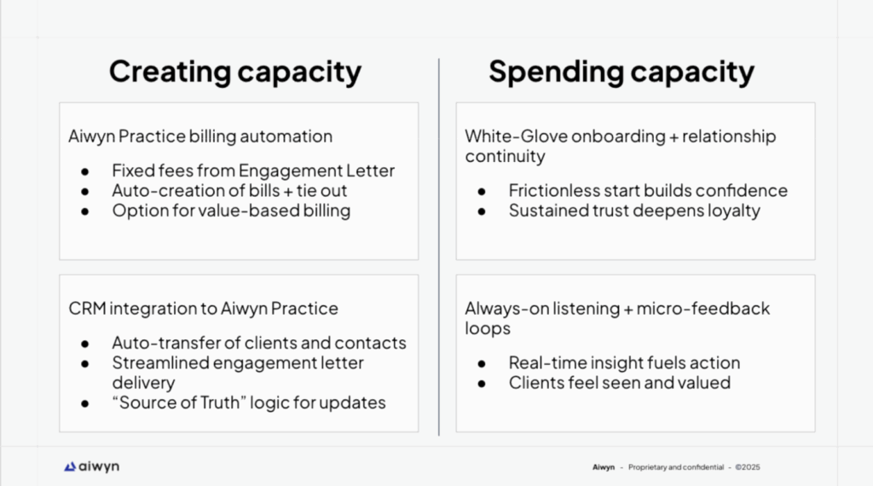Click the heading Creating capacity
(235, 72)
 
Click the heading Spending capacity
(622, 72)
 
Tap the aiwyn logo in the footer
(91, 466)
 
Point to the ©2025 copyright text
(747, 467)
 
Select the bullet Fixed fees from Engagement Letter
(253, 171)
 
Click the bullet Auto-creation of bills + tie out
(229, 190)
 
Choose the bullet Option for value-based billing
(231, 211)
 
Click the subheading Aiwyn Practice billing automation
(200, 136)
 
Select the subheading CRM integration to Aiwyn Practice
(203, 309)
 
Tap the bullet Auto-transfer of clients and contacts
(259, 343)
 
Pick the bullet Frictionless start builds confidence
(648, 190)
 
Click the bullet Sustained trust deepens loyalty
(634, 211)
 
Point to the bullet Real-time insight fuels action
(624, 362)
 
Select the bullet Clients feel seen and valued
(620, 383)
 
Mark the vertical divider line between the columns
(439, 246)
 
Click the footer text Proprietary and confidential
(676, 467)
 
